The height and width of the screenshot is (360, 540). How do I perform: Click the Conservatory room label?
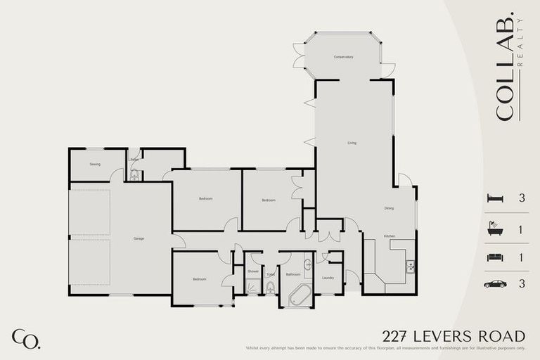click(x=343, y=57)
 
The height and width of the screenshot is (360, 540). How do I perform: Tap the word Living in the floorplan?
click(x=352, y=143)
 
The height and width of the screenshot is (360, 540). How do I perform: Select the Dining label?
click(x=389, y=208)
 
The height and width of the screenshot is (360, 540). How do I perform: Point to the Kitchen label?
click(x=389, y=236)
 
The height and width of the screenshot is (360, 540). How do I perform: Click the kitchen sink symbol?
click(x=410, y=266)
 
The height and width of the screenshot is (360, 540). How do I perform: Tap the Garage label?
click(x=139, y=239)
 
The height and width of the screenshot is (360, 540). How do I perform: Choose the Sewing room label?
click(x=95, y=164)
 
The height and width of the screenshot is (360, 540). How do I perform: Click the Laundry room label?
click(x=328, y=278)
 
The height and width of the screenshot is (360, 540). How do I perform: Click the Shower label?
click(x=253, y=271)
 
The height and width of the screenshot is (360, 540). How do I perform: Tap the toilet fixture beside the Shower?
click(x=271, y=287)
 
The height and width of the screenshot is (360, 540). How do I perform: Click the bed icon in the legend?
click(x=496, y=198)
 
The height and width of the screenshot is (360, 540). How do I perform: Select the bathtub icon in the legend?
click(x=496, y=229)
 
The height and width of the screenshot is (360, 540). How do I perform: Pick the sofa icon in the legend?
click(x=496, y=257)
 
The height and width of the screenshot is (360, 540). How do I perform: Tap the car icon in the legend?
click(x=496, y=285)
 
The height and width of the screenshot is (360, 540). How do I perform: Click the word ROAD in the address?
click(x=503, y=336)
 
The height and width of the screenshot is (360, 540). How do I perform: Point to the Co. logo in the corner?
click(x=25, y=338)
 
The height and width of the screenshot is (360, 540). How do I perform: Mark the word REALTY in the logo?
click(x=521, y=42)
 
